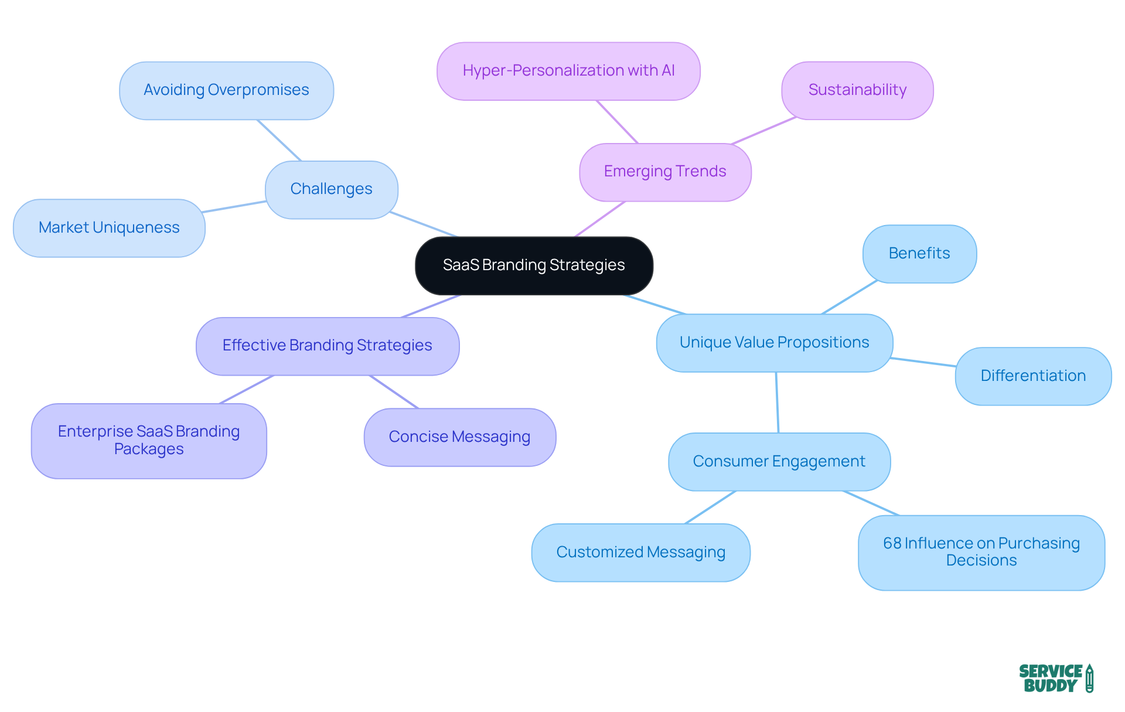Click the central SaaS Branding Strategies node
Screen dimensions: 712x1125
click(x=534, y=265)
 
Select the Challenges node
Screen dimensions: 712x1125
click(x=332, y=189)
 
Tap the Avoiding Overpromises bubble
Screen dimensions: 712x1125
click(x=226, y=90)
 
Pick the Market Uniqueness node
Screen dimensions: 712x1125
click(x=109, y=228)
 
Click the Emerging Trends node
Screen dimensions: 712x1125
click(x=665, y=172)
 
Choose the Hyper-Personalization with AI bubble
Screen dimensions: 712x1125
click(x=568, y=71)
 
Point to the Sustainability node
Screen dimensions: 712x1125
click(x=857, y=90)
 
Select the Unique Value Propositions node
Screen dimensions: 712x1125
click(x=774, y=343)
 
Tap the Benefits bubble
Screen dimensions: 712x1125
click(x=919, y=254)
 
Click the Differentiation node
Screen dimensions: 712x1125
click(x=1033, y=376)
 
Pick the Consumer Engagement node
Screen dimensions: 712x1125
click(x=779, y=462)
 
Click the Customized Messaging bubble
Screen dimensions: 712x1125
click(x=640, y=553)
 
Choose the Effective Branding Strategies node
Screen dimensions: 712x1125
click(x=327, y=346)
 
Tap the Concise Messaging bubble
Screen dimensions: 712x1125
click(x=459, y=437)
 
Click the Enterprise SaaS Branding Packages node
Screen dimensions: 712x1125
click(x=149, y=441)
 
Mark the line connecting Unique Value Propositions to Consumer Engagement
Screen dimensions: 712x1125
click(x=777, y=403)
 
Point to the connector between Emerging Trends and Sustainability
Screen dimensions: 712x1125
click(x=764, y=130)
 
